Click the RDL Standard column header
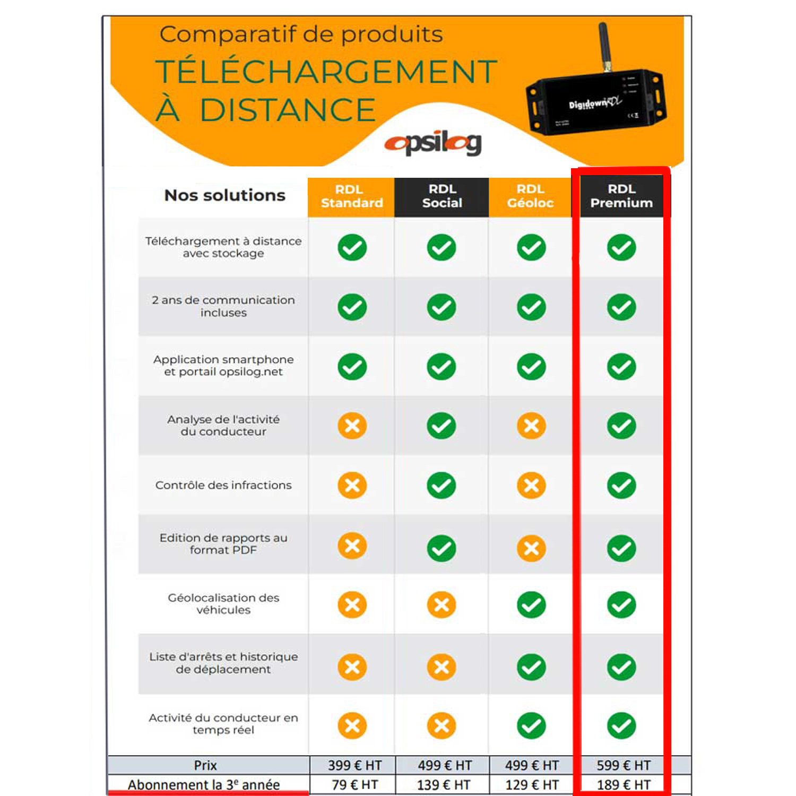pos(351,197)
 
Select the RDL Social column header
pos(442,197)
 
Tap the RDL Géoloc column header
pos(530,197)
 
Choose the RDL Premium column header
pos(621,197)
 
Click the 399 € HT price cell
pos(354,765)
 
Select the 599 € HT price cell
pos(624,765)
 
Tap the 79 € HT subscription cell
pos(354,784)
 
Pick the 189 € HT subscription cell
pos(624,784)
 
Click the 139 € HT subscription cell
pos(444,784)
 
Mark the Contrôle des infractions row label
pos(223,485)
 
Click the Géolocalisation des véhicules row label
pos(223,604)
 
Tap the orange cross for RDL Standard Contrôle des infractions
pos(352,485)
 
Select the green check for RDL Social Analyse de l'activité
pos(441,426)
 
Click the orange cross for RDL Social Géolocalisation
pos(441,604)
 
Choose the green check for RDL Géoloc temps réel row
pos(531,725)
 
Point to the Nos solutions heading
pos(225,195)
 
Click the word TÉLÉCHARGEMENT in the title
pos(326,72)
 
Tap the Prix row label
pos(205,765)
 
